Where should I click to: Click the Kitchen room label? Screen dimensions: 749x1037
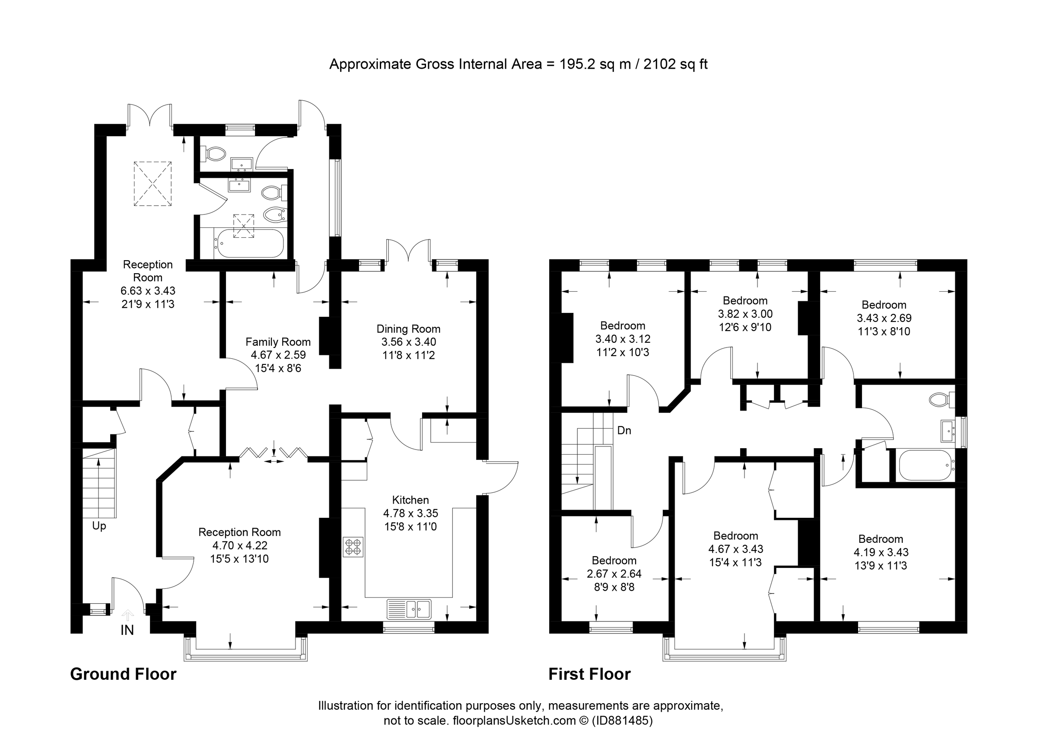(410, 500)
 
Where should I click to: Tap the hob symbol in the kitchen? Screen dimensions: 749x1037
(353, 546)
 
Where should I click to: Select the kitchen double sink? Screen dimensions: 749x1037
(409, 609)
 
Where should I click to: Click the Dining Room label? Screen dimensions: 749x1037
(408, 329)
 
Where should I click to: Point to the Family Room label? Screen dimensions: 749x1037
(278, 341)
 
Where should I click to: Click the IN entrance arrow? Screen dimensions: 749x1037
(127, 616)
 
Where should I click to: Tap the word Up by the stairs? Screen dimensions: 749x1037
(99, 526)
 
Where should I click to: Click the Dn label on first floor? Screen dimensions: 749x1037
(623, 430)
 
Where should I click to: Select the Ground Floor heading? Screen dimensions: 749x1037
(123, 674)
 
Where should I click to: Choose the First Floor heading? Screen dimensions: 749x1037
(589, 674)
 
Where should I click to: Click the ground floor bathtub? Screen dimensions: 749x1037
(250, 243)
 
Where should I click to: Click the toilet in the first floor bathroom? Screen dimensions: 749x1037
(941, 400)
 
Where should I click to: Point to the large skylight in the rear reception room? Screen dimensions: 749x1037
(152, 184)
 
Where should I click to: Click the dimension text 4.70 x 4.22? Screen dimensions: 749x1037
(239, 545)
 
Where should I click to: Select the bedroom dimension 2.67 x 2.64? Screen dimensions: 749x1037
(614, 574)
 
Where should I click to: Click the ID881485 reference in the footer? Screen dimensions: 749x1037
(622, 720)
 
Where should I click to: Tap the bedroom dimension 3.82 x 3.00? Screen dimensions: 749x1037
(745, 314)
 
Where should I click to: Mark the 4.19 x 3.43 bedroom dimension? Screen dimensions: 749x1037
(881, 552)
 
